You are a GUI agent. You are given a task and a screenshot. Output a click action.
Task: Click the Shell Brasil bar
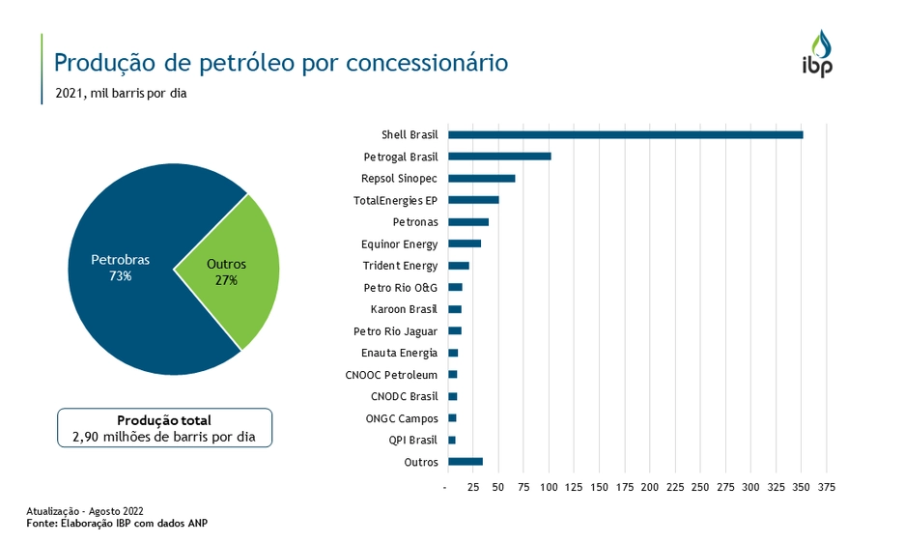[x=625, y=134]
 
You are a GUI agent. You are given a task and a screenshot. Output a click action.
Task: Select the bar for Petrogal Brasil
[x=499, y=156]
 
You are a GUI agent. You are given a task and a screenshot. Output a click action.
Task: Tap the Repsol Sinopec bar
[x=481, y=178]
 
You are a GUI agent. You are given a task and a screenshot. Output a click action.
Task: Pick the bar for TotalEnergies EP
[x=473, y=200]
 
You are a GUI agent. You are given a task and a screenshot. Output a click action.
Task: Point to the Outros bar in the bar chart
[x=465, y=462]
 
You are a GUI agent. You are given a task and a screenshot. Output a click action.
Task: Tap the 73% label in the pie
[x=121, y=276]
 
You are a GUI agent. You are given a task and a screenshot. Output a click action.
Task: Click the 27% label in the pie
[x=227, y=280]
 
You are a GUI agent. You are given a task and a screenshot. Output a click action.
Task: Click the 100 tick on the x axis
[x=549, y=488]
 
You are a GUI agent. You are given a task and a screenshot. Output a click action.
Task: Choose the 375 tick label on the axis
[x=827, y=488]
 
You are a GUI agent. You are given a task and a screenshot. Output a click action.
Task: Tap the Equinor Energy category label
[x=399, y=243]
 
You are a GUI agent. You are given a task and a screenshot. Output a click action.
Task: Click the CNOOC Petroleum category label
[x=391, y=375]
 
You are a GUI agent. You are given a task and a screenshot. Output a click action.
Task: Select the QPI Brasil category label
[x=413, y=440]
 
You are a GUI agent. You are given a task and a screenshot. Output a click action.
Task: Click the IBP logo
[x=817, y=54]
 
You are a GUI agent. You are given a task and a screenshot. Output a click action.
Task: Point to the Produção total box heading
[x=164, y=420]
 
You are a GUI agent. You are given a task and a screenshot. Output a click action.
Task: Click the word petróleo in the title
[x=249, y=64]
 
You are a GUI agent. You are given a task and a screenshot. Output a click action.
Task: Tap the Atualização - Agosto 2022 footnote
[x=85, y=511]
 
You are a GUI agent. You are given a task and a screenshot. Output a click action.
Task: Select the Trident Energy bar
[x=459, y=266]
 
